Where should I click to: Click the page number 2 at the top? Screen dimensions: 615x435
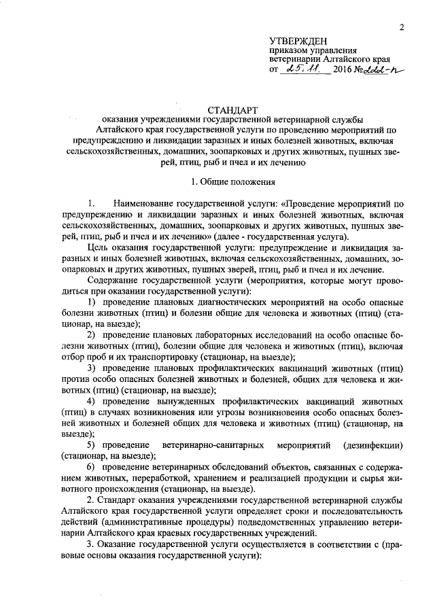click(402, 27)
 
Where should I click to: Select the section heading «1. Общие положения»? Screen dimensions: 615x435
click(232, 182)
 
